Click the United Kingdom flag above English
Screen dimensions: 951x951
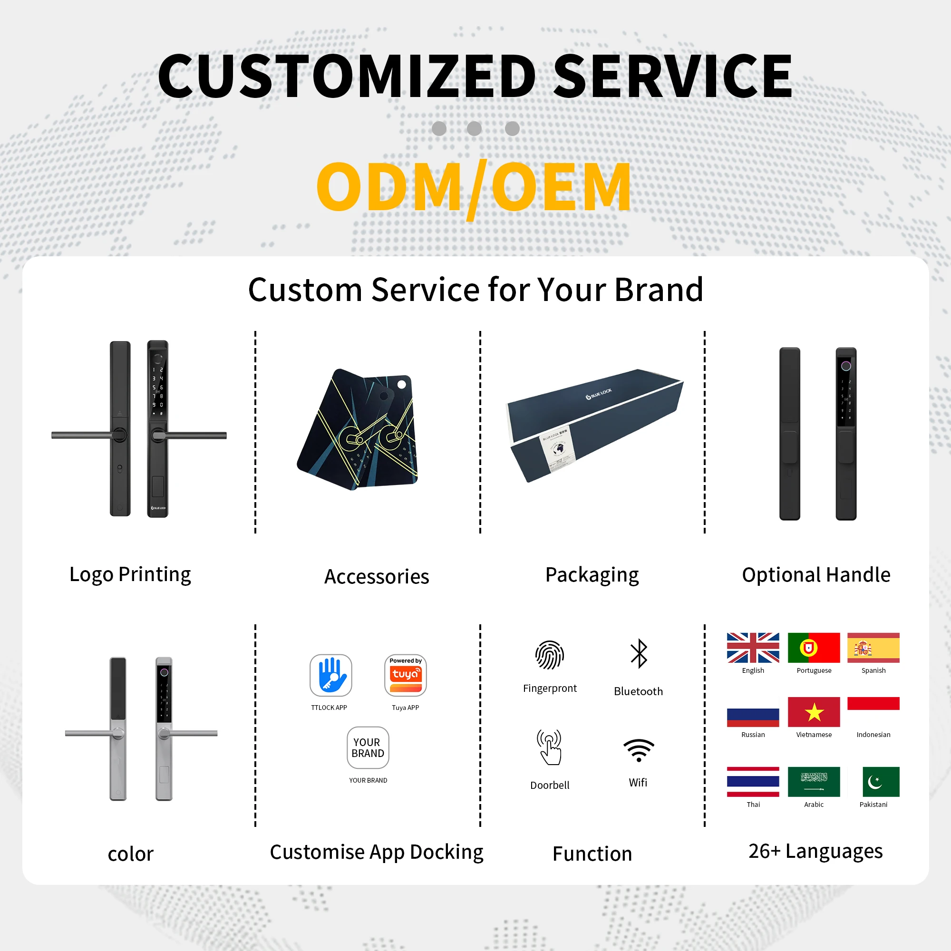click(x=753, y=648)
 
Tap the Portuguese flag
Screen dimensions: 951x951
click(x=814, y=648)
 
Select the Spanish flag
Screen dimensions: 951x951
click(x=873, y=648)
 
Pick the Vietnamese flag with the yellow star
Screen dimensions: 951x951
click(x=814, y=712)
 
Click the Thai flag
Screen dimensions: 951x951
click(x=753, y=782)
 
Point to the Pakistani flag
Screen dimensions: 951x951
click(x=881, y=782)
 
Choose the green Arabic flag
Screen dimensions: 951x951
click(x=814, y=782)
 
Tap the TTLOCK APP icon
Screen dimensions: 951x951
click(x=330, y=675)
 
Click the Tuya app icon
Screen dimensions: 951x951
click(x=405, y=675)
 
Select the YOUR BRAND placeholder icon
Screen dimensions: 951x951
click(x=368, y=747)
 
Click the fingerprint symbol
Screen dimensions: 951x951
click(x=549, y=655)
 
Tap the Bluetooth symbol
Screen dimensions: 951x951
click(x=639, y=654)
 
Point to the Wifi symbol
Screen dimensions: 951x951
click(x=639, y=750)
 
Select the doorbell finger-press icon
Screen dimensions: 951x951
click(x=549, y=747)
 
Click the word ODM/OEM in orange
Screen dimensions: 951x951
click(x=474, y=187)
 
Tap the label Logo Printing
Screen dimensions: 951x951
click(x=130, y=574)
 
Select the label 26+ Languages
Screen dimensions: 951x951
click(x=815, y=852)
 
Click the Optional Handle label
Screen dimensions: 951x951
click(x=815, y=574)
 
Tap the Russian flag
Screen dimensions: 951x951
click(x=753, y=717)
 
